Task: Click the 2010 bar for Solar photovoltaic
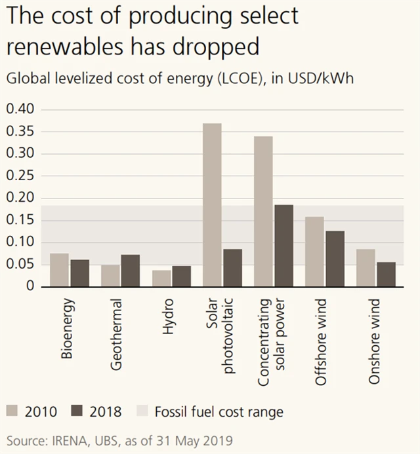212,204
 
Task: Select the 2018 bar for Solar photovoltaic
232,268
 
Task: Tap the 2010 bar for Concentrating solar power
263,211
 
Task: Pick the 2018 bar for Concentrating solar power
283,246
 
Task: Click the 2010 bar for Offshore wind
314,252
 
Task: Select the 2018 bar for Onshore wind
386,274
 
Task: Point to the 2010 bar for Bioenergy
59,270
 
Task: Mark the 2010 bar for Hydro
161,278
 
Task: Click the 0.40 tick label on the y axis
19,109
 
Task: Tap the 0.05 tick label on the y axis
19,265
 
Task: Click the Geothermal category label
116,335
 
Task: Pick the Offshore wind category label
322,342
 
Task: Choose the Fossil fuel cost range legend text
219,412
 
